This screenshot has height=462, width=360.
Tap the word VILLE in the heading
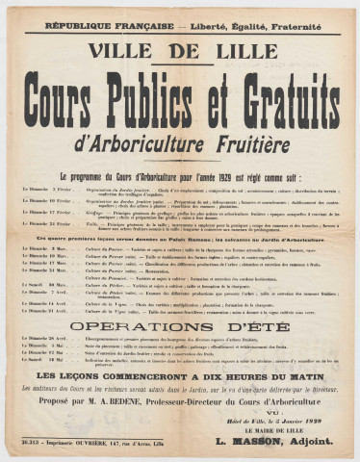(133, 49)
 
